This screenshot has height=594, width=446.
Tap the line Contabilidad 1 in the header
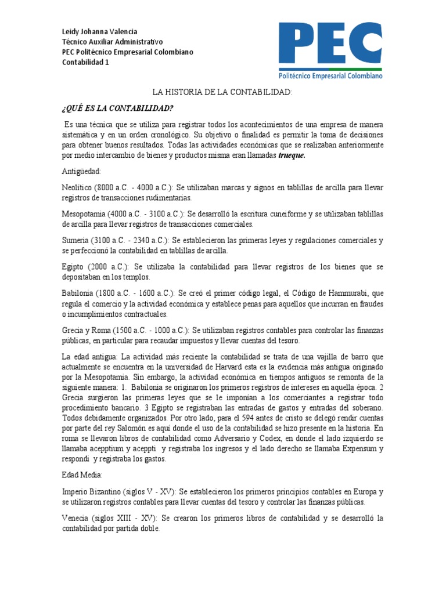pyautogui.click(x=85, y=63)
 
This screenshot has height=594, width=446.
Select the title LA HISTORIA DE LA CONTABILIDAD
pyautogui.click(x=223, y=92)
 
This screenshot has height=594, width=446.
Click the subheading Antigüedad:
pyautogui.click(x=81, y=172)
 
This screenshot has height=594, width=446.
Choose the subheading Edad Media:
pyautogui.click(x=82, y=475)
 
